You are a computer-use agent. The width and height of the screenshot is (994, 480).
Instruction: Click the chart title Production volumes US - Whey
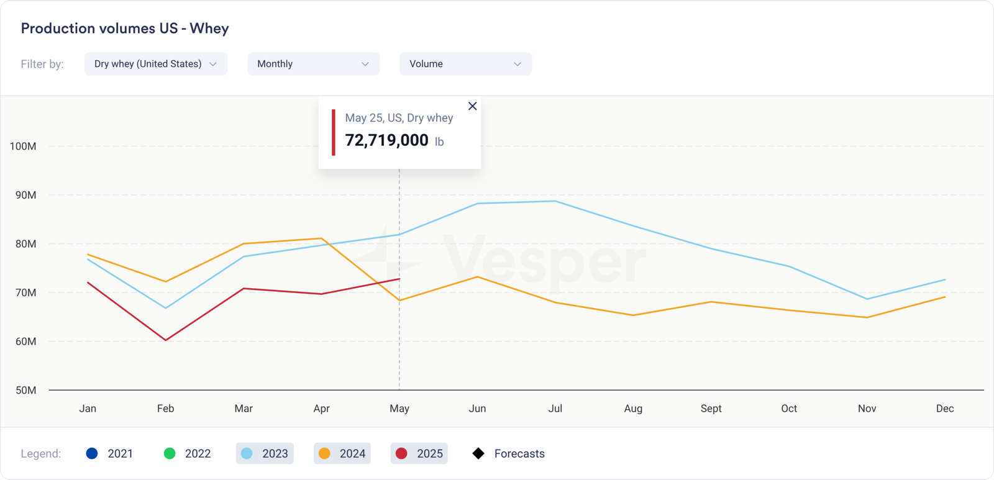pyautogui.click(x=125, y=29)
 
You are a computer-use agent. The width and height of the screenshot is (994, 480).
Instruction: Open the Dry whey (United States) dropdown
pyautogui.click(x=155, y=64)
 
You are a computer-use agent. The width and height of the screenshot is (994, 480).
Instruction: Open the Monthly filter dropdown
pyautogui.click(x=313, y=64)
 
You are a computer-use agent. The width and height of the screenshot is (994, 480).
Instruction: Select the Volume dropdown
pyautogui.click(x=465, y=64)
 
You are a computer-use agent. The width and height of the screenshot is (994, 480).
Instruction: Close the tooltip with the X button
pyautogui.click(x=472, y=106)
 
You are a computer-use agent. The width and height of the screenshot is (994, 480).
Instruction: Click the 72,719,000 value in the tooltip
pyautogui.click(x=386, y=140)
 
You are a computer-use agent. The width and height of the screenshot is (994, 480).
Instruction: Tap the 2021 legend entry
pyautogui.click(x=110, y=453)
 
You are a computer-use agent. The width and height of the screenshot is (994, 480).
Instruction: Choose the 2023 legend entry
pyautogui.click(x=265, y=453)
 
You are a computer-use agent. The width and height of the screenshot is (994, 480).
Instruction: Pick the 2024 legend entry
pyautogui.click(x=342, y=453)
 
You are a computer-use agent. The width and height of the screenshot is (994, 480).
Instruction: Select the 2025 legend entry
pyautogui.click(x=419, y=453)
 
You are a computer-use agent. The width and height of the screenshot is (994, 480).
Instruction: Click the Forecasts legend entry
pyautogui.click(x=509, y=453)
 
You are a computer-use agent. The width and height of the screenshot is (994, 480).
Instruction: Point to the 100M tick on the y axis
pyautogui.click(x=23, y=147)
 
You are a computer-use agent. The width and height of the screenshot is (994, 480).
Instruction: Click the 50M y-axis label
pyautogui.click(x=25, y=391)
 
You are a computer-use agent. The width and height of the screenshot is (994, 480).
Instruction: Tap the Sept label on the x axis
pyautogui.click(x=711, y=409)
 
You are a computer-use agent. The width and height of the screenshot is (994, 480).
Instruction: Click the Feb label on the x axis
pyautogui.click(x=165, y=409)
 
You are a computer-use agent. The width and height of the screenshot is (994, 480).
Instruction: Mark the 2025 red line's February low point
pyautogui.click(x=166, y=340)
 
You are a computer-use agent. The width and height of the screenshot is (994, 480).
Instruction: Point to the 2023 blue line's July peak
pyautogui.click(x=555, y=201)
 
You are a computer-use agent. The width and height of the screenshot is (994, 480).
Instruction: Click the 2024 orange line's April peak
pyautogui.click(x=321, y=238)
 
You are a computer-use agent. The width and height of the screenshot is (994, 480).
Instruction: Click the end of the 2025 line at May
pyautogui.click(x=399, y=279)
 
